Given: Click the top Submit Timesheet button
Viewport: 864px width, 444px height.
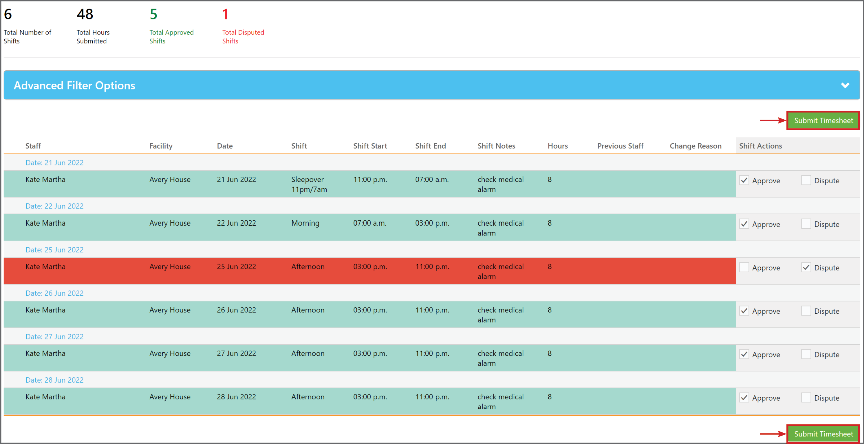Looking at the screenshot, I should tap(823, 120).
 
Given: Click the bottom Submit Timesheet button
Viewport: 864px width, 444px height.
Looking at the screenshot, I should tap(823, 434).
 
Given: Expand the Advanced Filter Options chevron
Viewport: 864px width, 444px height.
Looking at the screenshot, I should tap(845, 85).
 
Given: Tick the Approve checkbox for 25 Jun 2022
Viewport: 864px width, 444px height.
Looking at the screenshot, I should tap(744, 268).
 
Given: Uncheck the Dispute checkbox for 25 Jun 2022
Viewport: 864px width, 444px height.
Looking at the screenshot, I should tap(806, 268).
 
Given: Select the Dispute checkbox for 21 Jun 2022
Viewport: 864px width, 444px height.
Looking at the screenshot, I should tap(806, 180).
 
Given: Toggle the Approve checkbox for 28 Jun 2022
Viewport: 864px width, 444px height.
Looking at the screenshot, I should tap(744, 398).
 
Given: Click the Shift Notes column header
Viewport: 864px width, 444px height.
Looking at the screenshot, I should tap(496, 146).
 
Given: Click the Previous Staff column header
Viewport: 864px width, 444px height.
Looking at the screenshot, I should tap(620, 146).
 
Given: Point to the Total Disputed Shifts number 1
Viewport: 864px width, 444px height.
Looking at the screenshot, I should tap(225, 14).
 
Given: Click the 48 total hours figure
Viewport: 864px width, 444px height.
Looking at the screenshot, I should tap(85, 14).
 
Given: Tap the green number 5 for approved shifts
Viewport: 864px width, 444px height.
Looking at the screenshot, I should tap(153, 14).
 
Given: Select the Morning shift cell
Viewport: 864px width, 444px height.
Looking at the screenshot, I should tap(305, 223).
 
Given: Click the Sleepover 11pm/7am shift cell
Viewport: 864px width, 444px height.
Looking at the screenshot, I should tap(309, 184).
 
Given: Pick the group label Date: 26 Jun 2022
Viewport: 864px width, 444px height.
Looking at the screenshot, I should tap(54, 293).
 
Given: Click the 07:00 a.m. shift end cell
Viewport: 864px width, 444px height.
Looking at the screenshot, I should tap(432, 180).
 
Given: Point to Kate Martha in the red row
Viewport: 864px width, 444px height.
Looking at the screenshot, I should tap(45, 267).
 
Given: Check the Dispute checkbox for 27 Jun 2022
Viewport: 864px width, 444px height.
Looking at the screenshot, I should tap(806, 355).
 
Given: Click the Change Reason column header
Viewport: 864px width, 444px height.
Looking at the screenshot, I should tap(695, 146).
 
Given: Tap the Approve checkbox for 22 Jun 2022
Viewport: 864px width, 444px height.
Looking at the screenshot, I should tap(744, 224).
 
